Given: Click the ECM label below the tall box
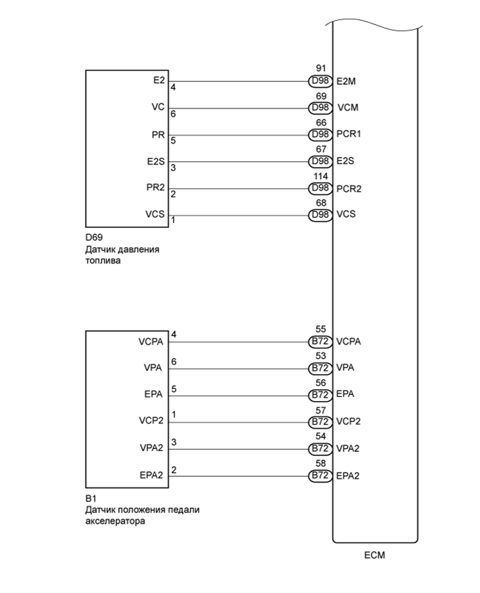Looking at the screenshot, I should pos(374,555).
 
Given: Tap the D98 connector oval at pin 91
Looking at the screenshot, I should pos(321,81).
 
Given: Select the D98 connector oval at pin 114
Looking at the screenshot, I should pos(321,188).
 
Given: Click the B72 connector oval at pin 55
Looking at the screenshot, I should pos(321,341).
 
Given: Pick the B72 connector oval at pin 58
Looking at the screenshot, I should pos(321,476).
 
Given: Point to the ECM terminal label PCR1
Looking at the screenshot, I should pos(349,134).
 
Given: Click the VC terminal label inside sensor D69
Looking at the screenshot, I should pos(158,108).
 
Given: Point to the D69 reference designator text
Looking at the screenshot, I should pos(94,237).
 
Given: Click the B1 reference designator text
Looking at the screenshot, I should pos(90,498).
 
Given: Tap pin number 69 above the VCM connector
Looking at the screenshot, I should pos(321,96).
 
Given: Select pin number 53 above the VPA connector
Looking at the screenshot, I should pos(321,356).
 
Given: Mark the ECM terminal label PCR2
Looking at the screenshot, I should pos(349,188).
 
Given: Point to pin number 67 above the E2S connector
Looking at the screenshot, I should pos(321,149).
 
